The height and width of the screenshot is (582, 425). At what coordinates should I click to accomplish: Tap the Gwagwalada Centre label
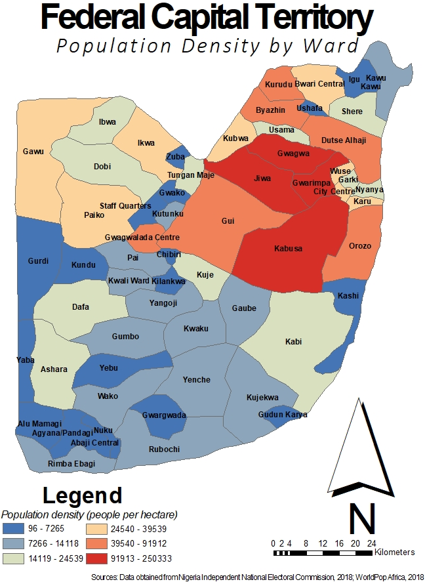click(142, 237)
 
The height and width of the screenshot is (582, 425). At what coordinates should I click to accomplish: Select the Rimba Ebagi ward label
click(71, 464)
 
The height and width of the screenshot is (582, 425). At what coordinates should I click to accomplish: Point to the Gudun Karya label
click(283, 415)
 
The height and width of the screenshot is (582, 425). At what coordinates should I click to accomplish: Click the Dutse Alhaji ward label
click(344, 140)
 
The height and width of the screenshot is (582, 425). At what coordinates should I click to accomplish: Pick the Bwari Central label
click(319, 84)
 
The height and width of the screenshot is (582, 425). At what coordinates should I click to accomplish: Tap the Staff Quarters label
click(125, 206)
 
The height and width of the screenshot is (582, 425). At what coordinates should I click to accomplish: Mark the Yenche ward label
click(197, 380)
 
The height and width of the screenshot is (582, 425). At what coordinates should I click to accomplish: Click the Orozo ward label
click(360, 246)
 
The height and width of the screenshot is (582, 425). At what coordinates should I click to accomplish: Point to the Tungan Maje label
click(191, 175)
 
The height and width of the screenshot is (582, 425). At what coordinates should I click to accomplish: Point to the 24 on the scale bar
click(371, 544)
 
